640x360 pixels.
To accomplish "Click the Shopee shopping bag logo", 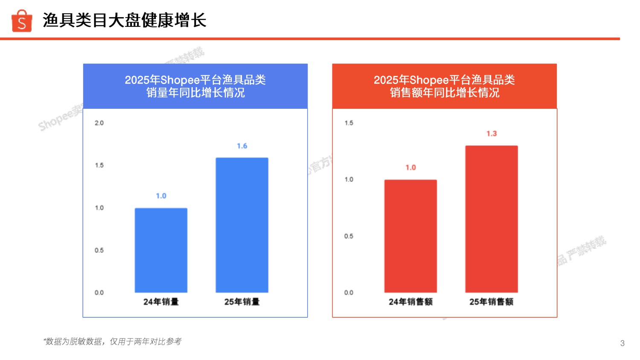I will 22,21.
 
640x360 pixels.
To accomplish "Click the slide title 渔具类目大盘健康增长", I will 124,20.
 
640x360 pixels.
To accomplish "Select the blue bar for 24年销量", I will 161,250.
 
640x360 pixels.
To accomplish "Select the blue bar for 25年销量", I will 242,225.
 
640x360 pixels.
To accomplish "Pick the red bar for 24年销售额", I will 410,236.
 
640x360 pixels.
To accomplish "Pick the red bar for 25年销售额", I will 492,219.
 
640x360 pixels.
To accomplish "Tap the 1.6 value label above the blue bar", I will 242,146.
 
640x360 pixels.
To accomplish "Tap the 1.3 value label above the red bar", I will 492,134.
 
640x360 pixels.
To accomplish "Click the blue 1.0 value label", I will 161,196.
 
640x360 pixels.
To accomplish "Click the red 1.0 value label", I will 410,168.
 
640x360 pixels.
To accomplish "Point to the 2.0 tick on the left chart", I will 99,123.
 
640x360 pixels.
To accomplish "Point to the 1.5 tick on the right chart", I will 349,123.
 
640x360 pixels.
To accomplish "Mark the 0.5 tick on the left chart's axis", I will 99,250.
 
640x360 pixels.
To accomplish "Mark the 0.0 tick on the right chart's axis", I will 349,293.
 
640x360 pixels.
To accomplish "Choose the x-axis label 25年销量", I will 242,302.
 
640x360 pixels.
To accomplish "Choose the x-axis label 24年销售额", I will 410,302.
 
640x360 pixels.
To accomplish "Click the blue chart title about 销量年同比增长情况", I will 195,86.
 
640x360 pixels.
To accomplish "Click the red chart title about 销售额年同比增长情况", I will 445,86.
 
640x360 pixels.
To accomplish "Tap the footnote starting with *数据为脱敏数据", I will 112,341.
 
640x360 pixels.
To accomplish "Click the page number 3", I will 623,343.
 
